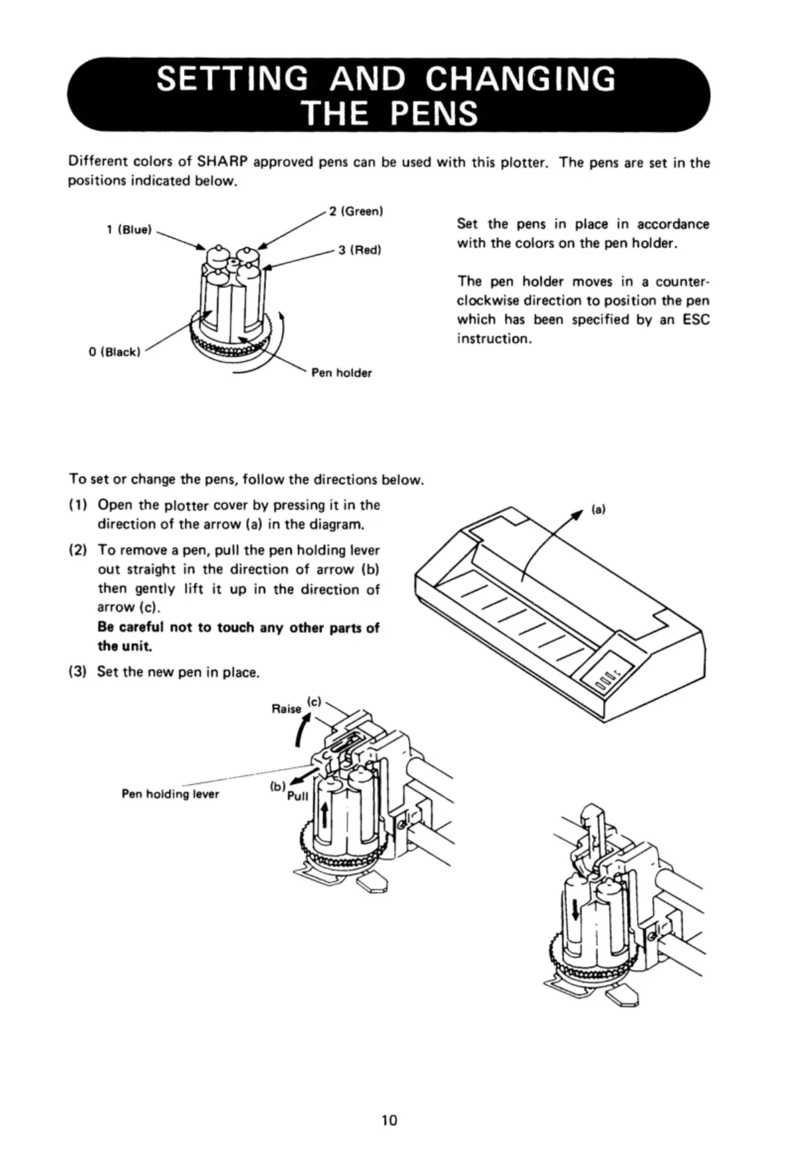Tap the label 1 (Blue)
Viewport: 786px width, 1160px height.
(129, 230)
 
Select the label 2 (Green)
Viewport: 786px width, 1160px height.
(356, 211)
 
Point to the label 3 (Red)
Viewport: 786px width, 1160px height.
(360, 250)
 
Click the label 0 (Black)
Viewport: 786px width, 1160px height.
(114, 352)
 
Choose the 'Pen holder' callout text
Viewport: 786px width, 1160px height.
(341, 373)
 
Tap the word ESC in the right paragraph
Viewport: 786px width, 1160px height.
(696, 320)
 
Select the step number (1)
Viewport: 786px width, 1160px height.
(79, 505)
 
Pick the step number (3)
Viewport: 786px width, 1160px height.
(79, 672)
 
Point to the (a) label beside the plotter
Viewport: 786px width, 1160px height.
(598, 509)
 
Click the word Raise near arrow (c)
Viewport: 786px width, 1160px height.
(286, 709)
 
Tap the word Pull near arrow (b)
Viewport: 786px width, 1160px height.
(298, 796)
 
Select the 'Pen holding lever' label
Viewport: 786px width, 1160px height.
(170, 794)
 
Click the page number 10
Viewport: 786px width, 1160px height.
(389, 1120)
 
